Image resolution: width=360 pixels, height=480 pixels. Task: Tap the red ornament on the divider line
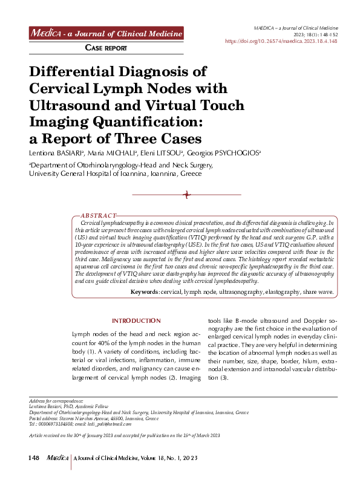click(187, 194)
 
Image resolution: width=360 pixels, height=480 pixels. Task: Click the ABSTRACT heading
click(99, 215)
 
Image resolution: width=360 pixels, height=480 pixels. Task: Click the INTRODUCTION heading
click(136, 320)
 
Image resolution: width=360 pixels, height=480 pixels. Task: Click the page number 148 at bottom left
click(34, 459)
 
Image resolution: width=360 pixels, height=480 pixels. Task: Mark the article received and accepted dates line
click(124, 435)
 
